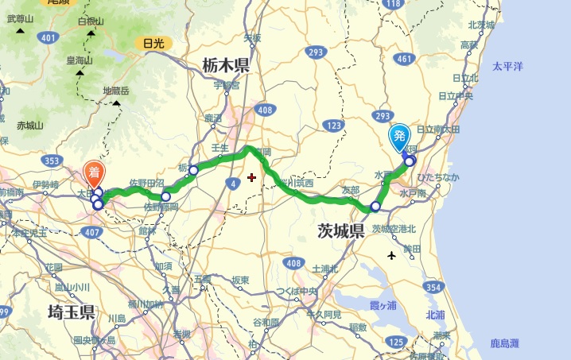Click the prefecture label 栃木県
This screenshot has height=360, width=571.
click(x=225, y=65)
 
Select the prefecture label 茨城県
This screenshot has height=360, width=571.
click(x=330, y=231)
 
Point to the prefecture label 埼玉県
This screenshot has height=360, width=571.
click(x=72, y=311)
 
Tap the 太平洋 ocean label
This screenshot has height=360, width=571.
click(x=507, y=67)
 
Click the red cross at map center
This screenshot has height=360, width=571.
click(x=252, y=177)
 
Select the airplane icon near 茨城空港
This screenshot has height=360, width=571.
click(x=392, y=256)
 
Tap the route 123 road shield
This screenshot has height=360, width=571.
click(x=333, y=126)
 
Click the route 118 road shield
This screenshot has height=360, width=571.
click(x=393, y=5)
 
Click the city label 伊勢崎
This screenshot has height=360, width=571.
click(x=45, y=186)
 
